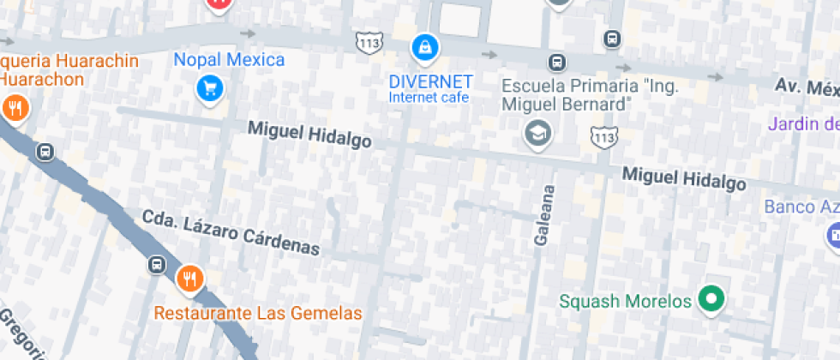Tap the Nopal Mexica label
pyautogui.click(x=229, y=60)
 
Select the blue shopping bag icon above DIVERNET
pyautogui.click(x=424, y=48)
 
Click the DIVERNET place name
pyautogui.click(x=430, y=82)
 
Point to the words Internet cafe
pyautogui.click(x=429, y=98)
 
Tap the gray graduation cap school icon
pyautogui.click(x=537, y=133)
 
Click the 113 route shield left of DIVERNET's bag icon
pyautogui.click(x=369, y=43)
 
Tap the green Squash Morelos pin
pyautogui.click(x=710, y=299)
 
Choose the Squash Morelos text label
pyautogui.click(x=625, y=302)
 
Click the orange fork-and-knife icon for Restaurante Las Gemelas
pyautogui.click(x=189, y=279)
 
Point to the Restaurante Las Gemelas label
pyautogui.click(x=258, y=313)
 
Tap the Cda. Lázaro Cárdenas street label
pyautogui.click(x=231, y=233)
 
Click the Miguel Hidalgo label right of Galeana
pyautogui.click(x=683, y=178)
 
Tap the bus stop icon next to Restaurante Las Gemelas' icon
pyautogui.click(x=157, y=264)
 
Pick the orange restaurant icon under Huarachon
pyautogui.click(x=15, y=108)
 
